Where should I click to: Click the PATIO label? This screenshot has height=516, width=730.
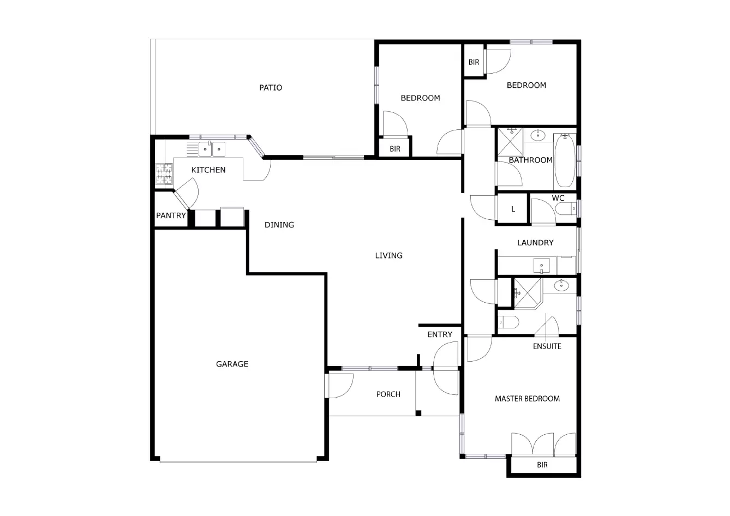271,87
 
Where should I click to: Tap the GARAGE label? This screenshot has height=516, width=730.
232,364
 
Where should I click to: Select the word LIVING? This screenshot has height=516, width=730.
388,255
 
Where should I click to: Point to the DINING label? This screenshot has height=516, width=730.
279,225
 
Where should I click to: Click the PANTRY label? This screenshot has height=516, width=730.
171,215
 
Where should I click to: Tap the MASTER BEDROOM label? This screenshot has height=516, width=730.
527,399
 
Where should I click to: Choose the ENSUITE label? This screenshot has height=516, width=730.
547,346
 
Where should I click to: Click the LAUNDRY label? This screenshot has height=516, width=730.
535,243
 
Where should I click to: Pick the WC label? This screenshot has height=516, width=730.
558,198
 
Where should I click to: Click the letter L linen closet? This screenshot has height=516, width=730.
513,209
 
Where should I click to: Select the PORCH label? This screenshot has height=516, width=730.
388,394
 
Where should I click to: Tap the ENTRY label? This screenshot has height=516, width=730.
439,334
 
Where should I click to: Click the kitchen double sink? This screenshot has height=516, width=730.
212,148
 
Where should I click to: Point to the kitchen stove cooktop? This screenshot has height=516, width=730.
164,174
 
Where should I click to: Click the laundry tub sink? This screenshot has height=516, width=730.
541,266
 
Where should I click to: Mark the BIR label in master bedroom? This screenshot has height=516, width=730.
542,465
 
